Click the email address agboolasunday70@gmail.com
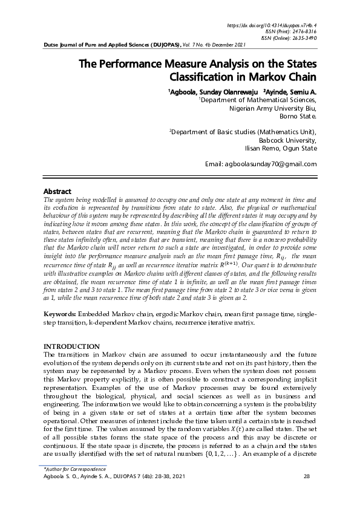click(261, 164)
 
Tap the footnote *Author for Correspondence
click(70, 469)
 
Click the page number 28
click(306, 477)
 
